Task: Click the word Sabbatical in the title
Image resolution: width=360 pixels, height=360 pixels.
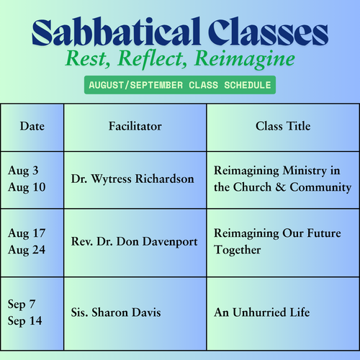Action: click(116, 32)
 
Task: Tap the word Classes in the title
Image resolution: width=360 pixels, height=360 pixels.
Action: click(268, 32)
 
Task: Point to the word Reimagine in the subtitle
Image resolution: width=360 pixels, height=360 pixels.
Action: click(245, 60)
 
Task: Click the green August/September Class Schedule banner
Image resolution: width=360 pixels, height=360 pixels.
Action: click(180, 85)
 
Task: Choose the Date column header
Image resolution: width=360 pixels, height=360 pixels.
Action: click(32, 126)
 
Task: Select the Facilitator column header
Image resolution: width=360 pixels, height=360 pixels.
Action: click(135, 126)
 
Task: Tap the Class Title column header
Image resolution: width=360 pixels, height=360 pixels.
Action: click(283, 126)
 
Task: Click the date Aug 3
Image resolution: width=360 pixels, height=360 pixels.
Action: click(23, 171)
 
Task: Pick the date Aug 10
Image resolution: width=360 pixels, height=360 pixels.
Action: click(27, 188)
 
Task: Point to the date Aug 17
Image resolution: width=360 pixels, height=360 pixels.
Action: click(27, 234)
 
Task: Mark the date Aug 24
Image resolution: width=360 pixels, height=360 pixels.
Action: click(27, 251)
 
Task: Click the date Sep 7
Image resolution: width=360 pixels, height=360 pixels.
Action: click(22, 305)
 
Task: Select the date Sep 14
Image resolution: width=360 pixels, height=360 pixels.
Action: click(25, 321)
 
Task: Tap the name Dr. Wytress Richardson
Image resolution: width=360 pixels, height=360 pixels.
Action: click(132, 179)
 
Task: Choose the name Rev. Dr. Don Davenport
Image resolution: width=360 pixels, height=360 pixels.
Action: click(135, 242)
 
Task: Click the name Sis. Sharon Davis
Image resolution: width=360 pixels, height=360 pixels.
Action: click(116, 312)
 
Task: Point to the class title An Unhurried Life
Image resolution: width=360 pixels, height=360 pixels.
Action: click(262, 312)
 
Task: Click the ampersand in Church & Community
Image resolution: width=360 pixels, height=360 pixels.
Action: click(280, 187)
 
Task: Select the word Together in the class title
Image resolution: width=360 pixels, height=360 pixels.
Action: click(238, 251)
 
